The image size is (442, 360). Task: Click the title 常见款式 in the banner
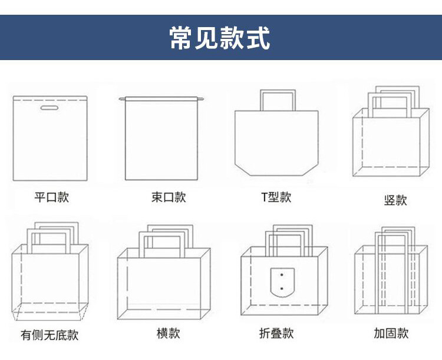pyautogui.click(x=220, y=38)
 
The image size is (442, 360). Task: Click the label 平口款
pyautogui.click(x=51, y=197)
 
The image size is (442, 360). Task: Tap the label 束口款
pyautogui.click(x=169, y=197)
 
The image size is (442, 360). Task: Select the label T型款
pyautogui.click(x=276, y=197)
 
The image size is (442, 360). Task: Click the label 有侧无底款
pyautogui.click(x=50, y=335)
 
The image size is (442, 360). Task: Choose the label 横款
pyautogui.click(x=169, y=333)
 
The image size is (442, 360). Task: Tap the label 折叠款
pyautogui.click(x=276, y=333)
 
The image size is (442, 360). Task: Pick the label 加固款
pyautogui.click(x=391, y=333)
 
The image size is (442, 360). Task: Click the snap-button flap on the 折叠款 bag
pyautogui.click(x=282, y=282)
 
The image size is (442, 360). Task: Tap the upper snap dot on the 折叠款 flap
pyautogui.click(x=282, y=274)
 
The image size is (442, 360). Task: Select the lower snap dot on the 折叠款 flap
pyautogui.click(x=282, y=289)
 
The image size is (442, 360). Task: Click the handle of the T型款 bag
pyautogui.click(x=278, y=93)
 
